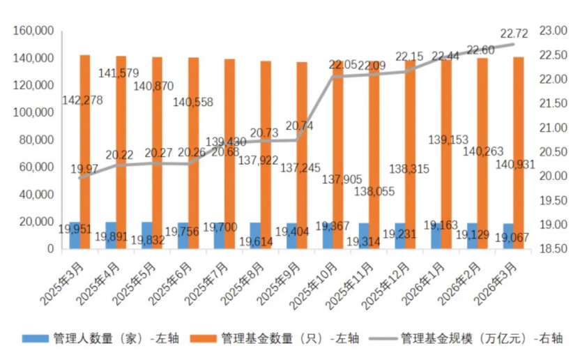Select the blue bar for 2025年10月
(328, 236)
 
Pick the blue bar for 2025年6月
(183, 236)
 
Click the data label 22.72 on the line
(516, 33)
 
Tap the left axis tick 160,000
(34, 31)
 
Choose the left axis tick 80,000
(37, 140)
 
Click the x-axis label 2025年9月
(282, 279)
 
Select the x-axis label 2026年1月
(427, 279)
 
